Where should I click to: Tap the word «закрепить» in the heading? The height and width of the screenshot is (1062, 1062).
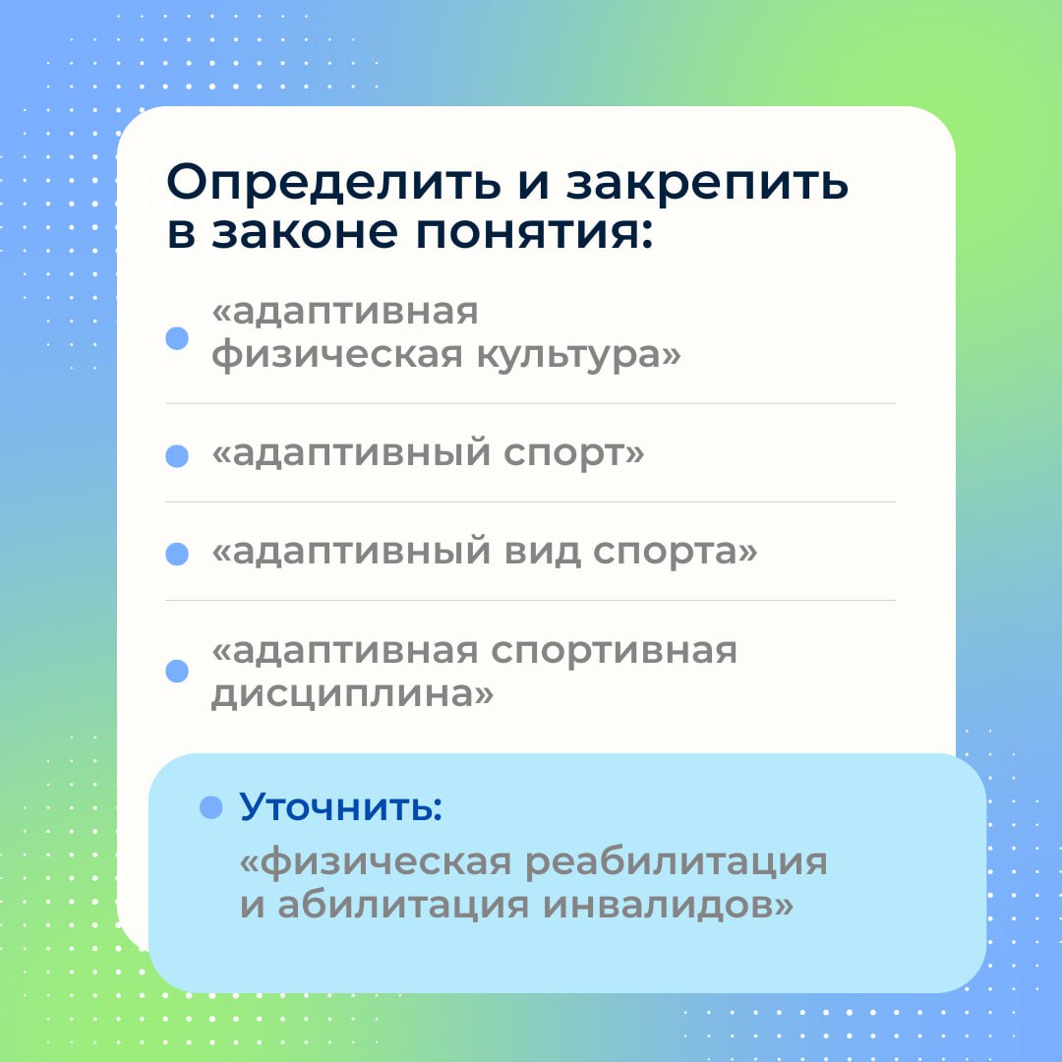(x=707, y=184)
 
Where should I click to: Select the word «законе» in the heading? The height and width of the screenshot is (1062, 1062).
(x=304, y=232)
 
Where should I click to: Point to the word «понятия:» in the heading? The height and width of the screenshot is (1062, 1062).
(x=534, y=232)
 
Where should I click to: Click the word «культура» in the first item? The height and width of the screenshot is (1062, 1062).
(x=578, y=355)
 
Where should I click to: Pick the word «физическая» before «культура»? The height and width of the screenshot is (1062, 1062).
(x=337, y=354)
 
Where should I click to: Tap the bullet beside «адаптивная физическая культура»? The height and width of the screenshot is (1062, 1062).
(x=177, y=338)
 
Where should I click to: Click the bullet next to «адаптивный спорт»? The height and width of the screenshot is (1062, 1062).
(x=177, y=456)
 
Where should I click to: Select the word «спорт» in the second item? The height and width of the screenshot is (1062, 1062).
(x=573, y=453)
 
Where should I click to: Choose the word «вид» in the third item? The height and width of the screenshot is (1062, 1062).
(x=542, y=552)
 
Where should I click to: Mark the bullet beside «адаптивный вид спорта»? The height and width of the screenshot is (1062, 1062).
(x=177, y=554)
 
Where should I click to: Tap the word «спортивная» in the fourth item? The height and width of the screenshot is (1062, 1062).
(x=614, y=652)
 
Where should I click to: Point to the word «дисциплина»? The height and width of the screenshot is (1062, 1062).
(x=352, y=694)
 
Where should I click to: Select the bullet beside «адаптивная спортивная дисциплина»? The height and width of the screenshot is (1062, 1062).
(x=177, y=672)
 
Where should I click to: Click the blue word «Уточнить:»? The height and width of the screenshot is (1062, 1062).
(x=340, y=806)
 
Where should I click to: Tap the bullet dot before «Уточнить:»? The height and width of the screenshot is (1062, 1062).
(x=211, y=807)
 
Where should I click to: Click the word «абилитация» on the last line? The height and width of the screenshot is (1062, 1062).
(x=403, y=906)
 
